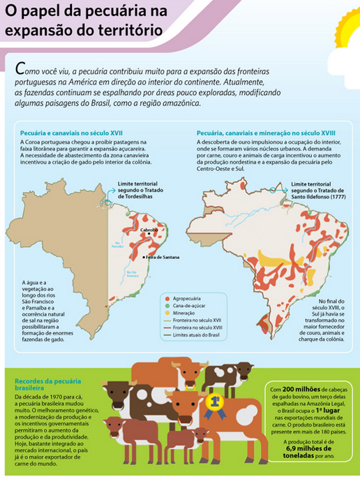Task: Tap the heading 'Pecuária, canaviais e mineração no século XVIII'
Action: [x=266, y=132]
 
